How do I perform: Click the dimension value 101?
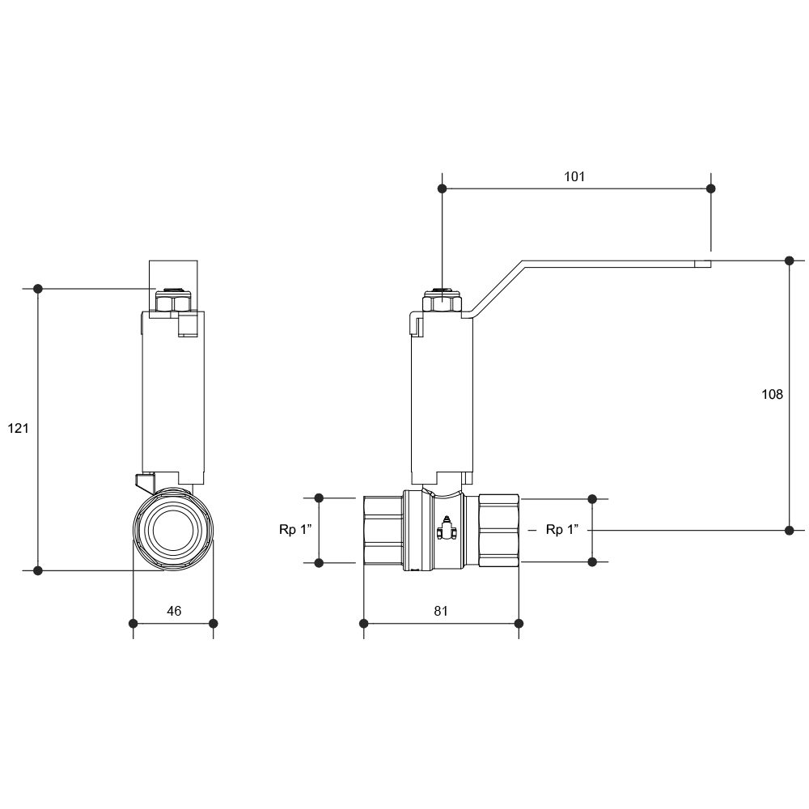[574, 176]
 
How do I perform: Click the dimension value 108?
[772, 394]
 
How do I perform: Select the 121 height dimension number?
[18, 428]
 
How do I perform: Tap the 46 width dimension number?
[174, 611]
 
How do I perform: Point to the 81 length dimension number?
[441, 611]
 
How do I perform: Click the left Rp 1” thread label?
[295, 529]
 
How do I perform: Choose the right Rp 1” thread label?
[562, 529]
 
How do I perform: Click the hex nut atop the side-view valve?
[442, 302]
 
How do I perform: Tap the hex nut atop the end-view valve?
[173, 302]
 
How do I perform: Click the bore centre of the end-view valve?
[173, 530]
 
